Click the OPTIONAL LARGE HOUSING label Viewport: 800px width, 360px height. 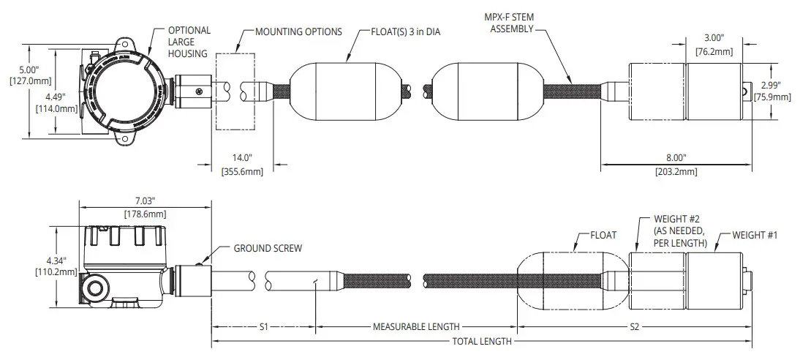[189, 42]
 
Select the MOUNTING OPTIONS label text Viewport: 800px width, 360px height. [298, 32]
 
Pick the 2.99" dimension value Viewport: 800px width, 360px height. [772, 86]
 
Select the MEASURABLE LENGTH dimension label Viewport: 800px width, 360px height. [416, 327]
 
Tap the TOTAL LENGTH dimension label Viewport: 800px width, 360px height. [481, 342]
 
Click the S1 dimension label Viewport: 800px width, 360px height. [264, 327]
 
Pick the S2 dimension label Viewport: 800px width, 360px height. [635, 327]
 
